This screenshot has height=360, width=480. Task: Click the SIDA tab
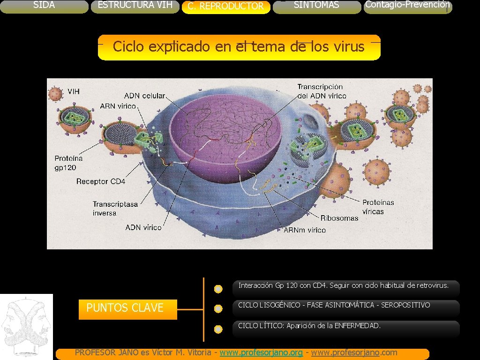tap(44, 6)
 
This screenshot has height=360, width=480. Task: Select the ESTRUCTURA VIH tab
tap(135, 6)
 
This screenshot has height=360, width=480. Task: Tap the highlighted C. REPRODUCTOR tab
tap(225, 7)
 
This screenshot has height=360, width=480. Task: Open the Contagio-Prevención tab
tap(407, 5)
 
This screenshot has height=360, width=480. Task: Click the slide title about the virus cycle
tap(239, 47)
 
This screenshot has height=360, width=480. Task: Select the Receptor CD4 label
tap(100, 181)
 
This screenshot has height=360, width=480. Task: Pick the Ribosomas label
tap(339, 218)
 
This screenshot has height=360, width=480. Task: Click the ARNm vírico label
tap(305, 230)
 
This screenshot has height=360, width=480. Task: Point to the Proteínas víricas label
tap(378, 207)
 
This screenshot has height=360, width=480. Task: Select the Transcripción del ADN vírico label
tap(322, 91)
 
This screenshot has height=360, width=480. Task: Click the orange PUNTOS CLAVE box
tap(127, 309)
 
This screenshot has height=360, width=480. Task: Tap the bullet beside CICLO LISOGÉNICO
tap(218, 309)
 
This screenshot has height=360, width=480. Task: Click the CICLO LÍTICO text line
tap(309, 326)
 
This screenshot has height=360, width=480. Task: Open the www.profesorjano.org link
tap(261, 352)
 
